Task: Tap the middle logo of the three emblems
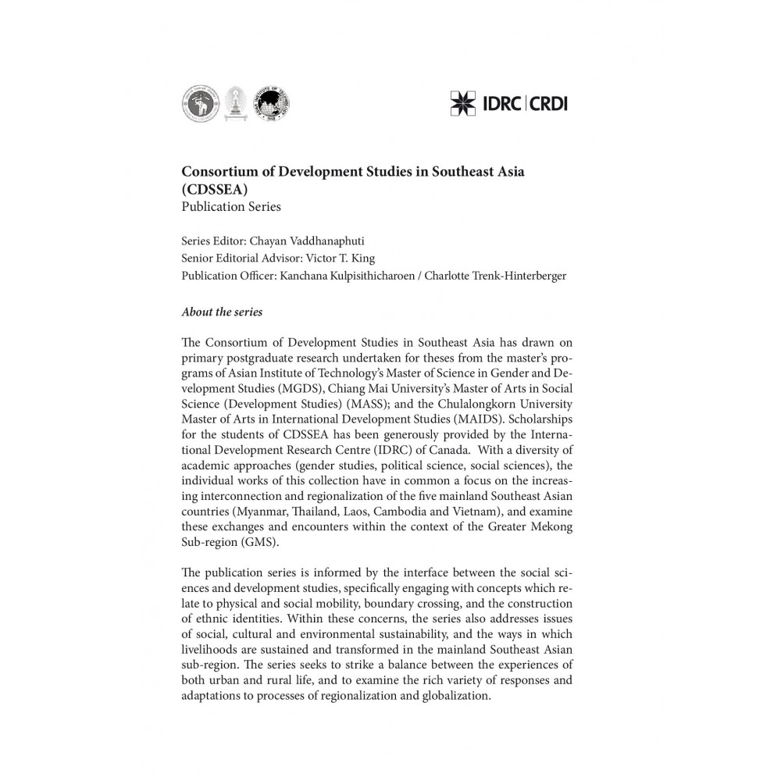[232, 102]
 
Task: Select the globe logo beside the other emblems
[267, 102]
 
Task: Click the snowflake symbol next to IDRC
[464, 102]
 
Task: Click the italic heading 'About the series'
[222, 312]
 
